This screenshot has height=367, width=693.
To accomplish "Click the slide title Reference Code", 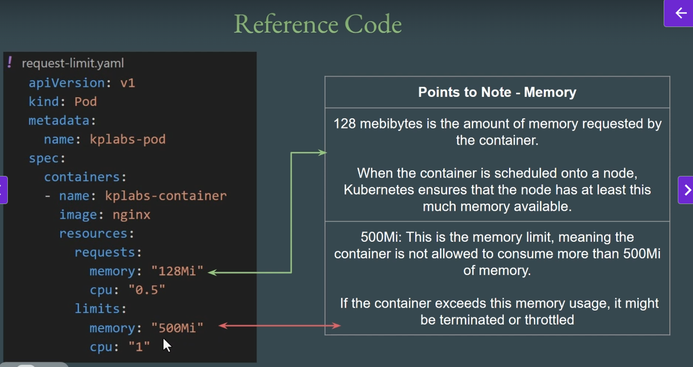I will (317, 24).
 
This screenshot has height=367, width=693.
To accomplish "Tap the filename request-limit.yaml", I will (73, 63).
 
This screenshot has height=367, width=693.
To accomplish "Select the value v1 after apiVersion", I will (127, 83).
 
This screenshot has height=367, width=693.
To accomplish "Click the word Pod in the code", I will (86, 101).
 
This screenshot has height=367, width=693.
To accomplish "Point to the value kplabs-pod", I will (127, 139).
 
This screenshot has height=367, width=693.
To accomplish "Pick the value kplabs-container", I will (166, 196).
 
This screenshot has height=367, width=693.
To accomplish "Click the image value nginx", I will (131, 215).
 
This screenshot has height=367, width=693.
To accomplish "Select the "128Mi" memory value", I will (177, 271).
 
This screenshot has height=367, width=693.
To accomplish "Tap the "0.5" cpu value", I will (147, 290).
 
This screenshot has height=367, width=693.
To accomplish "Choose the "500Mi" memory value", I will (177, 328).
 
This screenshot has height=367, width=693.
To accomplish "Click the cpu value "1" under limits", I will (139, 347).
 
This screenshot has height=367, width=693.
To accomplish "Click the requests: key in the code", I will (108, 253).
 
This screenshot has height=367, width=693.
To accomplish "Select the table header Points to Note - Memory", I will (497, 92).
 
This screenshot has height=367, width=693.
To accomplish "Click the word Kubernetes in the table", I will (376, 190).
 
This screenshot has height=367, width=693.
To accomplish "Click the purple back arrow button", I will (681, 14).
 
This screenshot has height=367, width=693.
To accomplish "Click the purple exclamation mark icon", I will (10, 62).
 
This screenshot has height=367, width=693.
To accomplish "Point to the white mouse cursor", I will (166, 344).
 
